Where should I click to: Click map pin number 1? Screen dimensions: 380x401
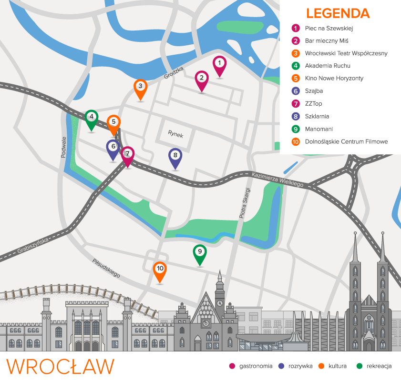219,64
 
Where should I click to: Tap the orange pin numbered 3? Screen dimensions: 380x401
140,87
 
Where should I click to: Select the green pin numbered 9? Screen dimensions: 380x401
200,252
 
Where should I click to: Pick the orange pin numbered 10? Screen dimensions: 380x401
160,270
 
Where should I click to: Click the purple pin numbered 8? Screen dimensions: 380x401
175,156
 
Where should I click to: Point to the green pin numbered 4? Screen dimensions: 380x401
92,117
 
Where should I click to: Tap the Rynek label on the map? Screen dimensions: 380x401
175,134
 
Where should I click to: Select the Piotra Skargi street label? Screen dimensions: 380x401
244,203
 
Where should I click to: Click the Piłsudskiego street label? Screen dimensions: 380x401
106,268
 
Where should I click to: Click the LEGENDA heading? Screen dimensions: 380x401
338,13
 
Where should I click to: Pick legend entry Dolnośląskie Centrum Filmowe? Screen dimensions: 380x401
346,141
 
